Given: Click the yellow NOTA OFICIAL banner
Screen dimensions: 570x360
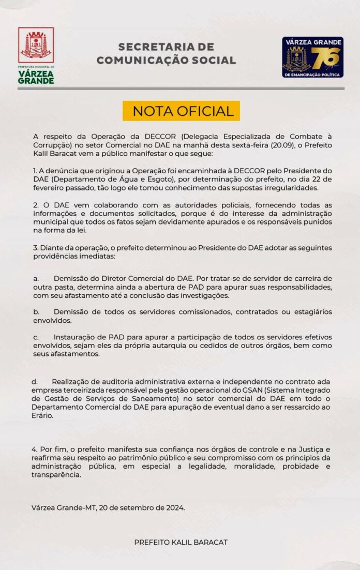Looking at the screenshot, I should click(x=181, y=111).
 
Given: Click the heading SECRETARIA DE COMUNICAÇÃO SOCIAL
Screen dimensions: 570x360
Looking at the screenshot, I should click(x=166, y=54).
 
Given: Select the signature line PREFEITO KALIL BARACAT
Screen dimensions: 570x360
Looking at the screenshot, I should click(x=181, y=542).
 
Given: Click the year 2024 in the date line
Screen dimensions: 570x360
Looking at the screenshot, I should click(x=174, y=507).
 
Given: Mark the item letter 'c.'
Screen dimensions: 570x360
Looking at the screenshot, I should click(x=36, y=337).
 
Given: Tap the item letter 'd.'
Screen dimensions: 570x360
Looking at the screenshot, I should click(x=35, y=381).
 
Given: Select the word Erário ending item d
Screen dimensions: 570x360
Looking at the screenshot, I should click(x=42, y=415).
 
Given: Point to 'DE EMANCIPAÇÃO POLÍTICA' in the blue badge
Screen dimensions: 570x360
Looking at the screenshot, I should click(x=312, y=74).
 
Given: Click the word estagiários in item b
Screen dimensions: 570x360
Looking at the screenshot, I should click(x=310, y=312).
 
